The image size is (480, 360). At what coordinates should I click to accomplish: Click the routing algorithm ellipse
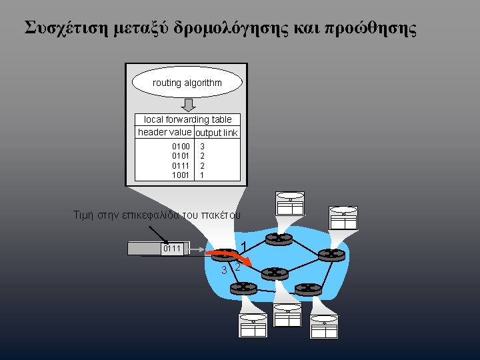pos(187,83)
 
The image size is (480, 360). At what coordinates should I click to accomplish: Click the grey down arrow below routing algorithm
pos(189,105)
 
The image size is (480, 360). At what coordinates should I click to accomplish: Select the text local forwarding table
pos(188,119)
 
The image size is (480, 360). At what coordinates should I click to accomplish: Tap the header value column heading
pos(165,132)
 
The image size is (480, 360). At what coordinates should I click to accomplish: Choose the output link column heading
pos(217,133)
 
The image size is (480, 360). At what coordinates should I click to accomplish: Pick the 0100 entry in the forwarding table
pos(181,145)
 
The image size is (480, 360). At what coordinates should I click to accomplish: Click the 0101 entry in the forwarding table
pos(181,155)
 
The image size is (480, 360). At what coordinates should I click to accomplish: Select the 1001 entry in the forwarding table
pos(181,175)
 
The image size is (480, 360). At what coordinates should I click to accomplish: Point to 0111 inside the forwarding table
pos(181,165)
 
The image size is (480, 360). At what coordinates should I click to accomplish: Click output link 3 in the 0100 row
pos(203,145)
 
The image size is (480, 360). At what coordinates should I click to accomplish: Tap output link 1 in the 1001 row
pos(203,175)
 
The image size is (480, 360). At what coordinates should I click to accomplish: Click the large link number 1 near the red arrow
pos(245,247)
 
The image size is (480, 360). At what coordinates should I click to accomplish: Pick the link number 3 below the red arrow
pos(225,270)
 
